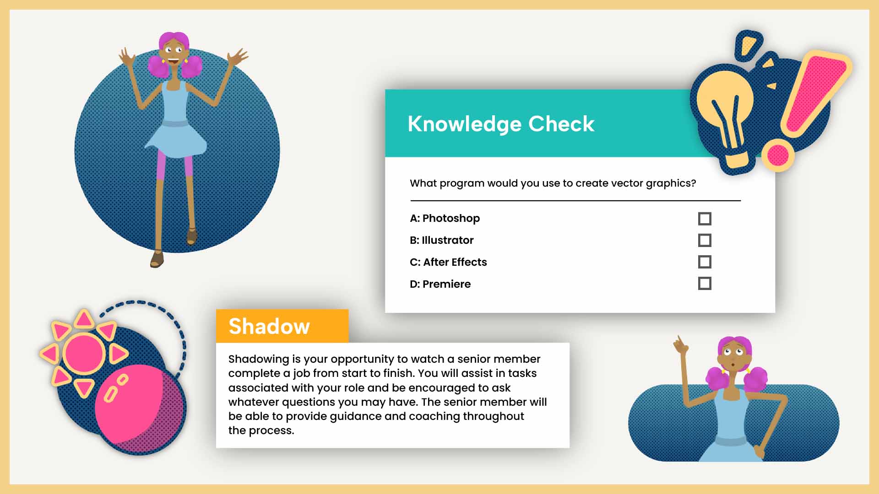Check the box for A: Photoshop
pyautogui.click(x=705, y=219)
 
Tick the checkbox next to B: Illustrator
pyautogui.click(x=705, y=240)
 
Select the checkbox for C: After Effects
pyautogui.click(x=705, y=262)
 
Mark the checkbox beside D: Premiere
pyautogui.click(x=705, y=284)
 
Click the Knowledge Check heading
pyautogui.click(x=501, y=124)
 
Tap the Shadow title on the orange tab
pyautogui.click(x=269, y=326)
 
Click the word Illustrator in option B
pyautogui.click(x=447, y=240)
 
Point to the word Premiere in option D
pyautogui.click(x=446, y=284)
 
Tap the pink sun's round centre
pyautogui.click(x=84, y=354)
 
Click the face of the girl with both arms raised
pyautogui.click(x=174, y=51)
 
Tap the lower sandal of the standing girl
pyautogui.click(x=157, y=259)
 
